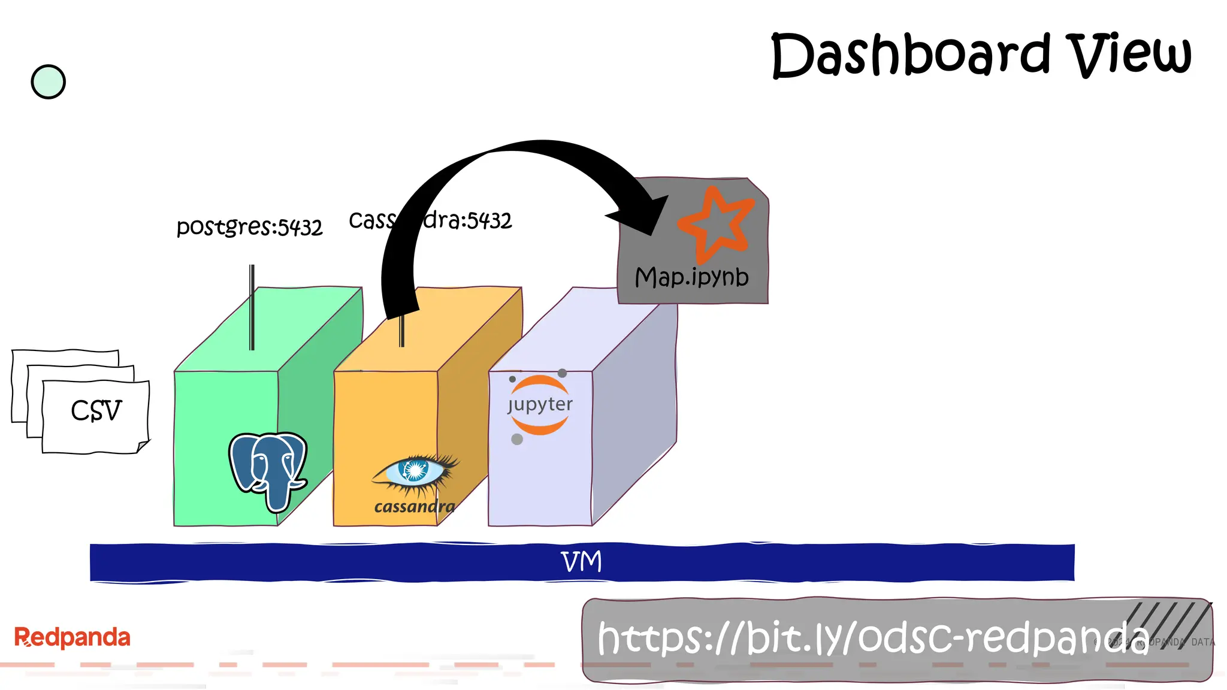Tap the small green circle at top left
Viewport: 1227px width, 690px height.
click(x=48, y=82)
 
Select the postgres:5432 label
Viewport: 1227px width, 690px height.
click(x=249, y=227)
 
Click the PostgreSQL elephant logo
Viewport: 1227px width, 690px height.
click(x=268, y=470)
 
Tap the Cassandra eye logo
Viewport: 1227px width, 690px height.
click(x=415, y=472)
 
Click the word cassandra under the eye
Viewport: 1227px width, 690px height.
click(x=414, y=507)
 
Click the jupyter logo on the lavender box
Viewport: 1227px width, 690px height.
click(x=539, y=405)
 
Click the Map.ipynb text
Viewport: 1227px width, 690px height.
click(x=691, y=277)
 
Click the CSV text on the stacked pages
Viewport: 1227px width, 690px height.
click(x=96, y=411)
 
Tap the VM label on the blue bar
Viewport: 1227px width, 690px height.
click(x=581, y=562)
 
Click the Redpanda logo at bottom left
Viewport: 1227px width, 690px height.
click(x=72, y=637)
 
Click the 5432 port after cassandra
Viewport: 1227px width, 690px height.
click(x=489, y=221)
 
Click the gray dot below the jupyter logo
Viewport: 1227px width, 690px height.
click(x=517, y=440)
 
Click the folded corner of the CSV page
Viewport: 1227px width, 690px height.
click(x=143, y=446)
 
